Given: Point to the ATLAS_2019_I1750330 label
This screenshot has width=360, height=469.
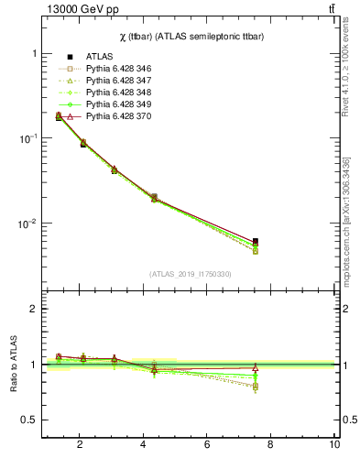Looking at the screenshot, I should click(190, 274).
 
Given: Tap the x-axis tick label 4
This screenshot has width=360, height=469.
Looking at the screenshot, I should click(144, 444).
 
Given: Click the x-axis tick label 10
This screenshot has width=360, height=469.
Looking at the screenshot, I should click(334, 444).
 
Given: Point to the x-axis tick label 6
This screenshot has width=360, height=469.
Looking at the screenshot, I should click(207, 444).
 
